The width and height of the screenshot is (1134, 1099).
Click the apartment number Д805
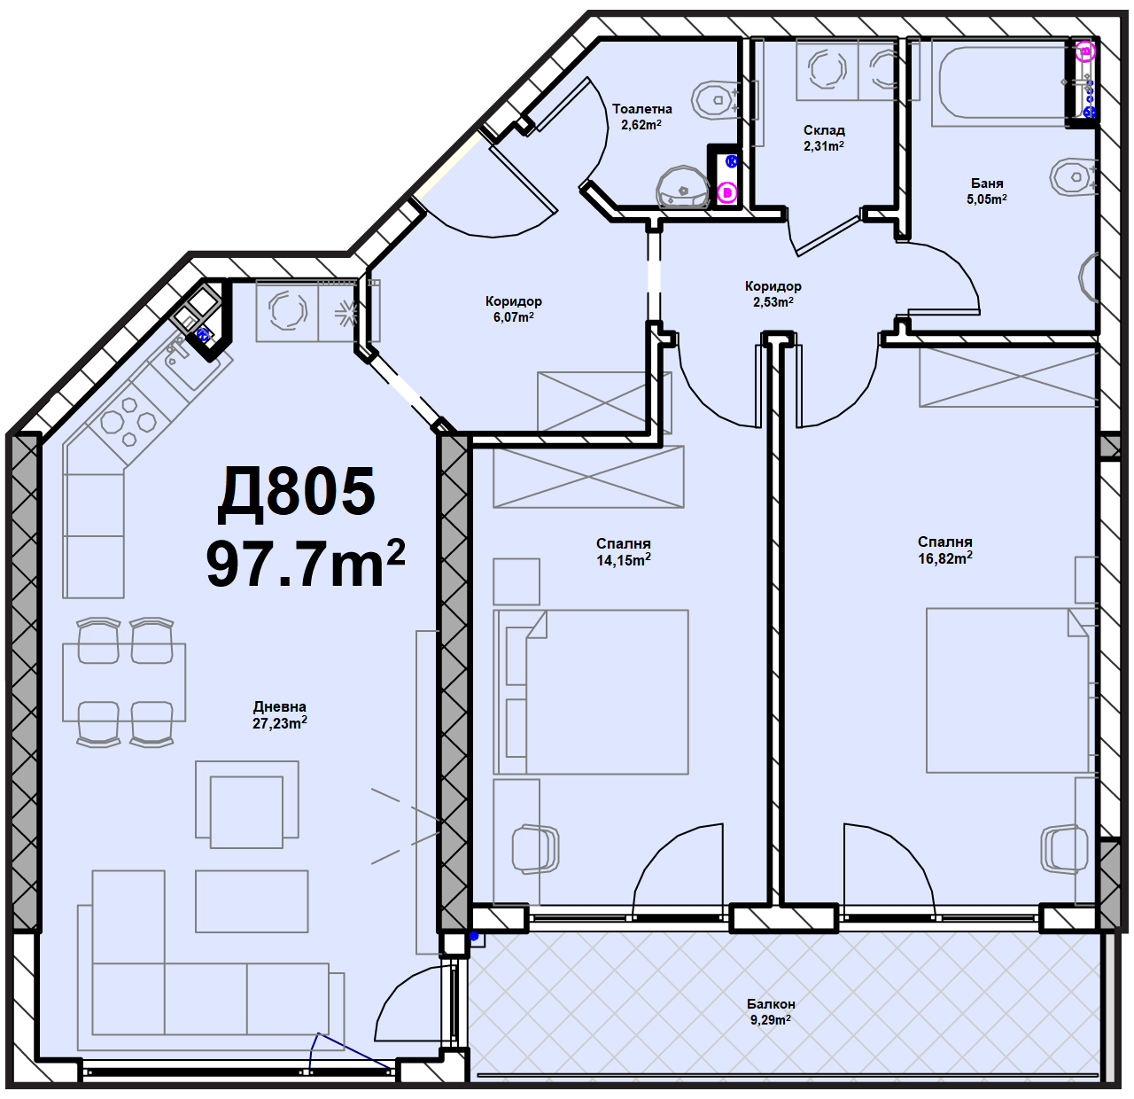click(x=296, y=494)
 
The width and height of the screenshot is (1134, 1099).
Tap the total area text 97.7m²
click(x=306, y=564)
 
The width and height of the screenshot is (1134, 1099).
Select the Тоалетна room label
click(x=642, y=109)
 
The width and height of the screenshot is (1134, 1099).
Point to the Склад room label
click(x=824, y=130)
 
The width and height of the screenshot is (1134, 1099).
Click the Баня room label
click(x=987, y=183)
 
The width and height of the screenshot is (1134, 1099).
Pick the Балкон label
click(x=771, y=1004)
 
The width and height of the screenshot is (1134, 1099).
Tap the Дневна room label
click(x=280, y=706)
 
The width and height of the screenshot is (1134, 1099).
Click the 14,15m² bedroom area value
click(x=624, y=560)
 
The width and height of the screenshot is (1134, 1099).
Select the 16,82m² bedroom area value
click(x=945, y=558)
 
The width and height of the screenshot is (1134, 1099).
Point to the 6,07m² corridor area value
click(x=513, y=317)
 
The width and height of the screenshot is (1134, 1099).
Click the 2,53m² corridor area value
click(x=773, y=302)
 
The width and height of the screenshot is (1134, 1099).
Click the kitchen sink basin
click(x=190, y=362)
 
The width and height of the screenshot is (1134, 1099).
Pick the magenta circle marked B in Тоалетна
click(x=726, y=192)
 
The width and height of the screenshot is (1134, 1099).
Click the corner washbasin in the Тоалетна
click(x=683, y=188)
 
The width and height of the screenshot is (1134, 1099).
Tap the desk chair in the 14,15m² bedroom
click(x=534, y=848)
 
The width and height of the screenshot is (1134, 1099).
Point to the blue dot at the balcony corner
click(x=474, y=936)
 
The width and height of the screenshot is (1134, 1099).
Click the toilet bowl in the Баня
click(x=1075, y=176)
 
